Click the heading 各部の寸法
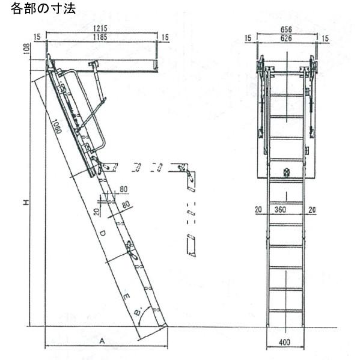43,9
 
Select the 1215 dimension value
100,28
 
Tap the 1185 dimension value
100,37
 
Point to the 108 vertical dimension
26,49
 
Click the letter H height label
26,203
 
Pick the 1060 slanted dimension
56,126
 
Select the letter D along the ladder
103,233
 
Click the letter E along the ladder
126,297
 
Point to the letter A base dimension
102,341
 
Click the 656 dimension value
286,29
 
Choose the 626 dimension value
286,38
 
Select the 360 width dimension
280,210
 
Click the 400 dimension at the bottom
284,343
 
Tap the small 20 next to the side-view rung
97,212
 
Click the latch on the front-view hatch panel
286,172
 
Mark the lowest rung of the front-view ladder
286,311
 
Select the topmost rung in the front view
287,95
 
